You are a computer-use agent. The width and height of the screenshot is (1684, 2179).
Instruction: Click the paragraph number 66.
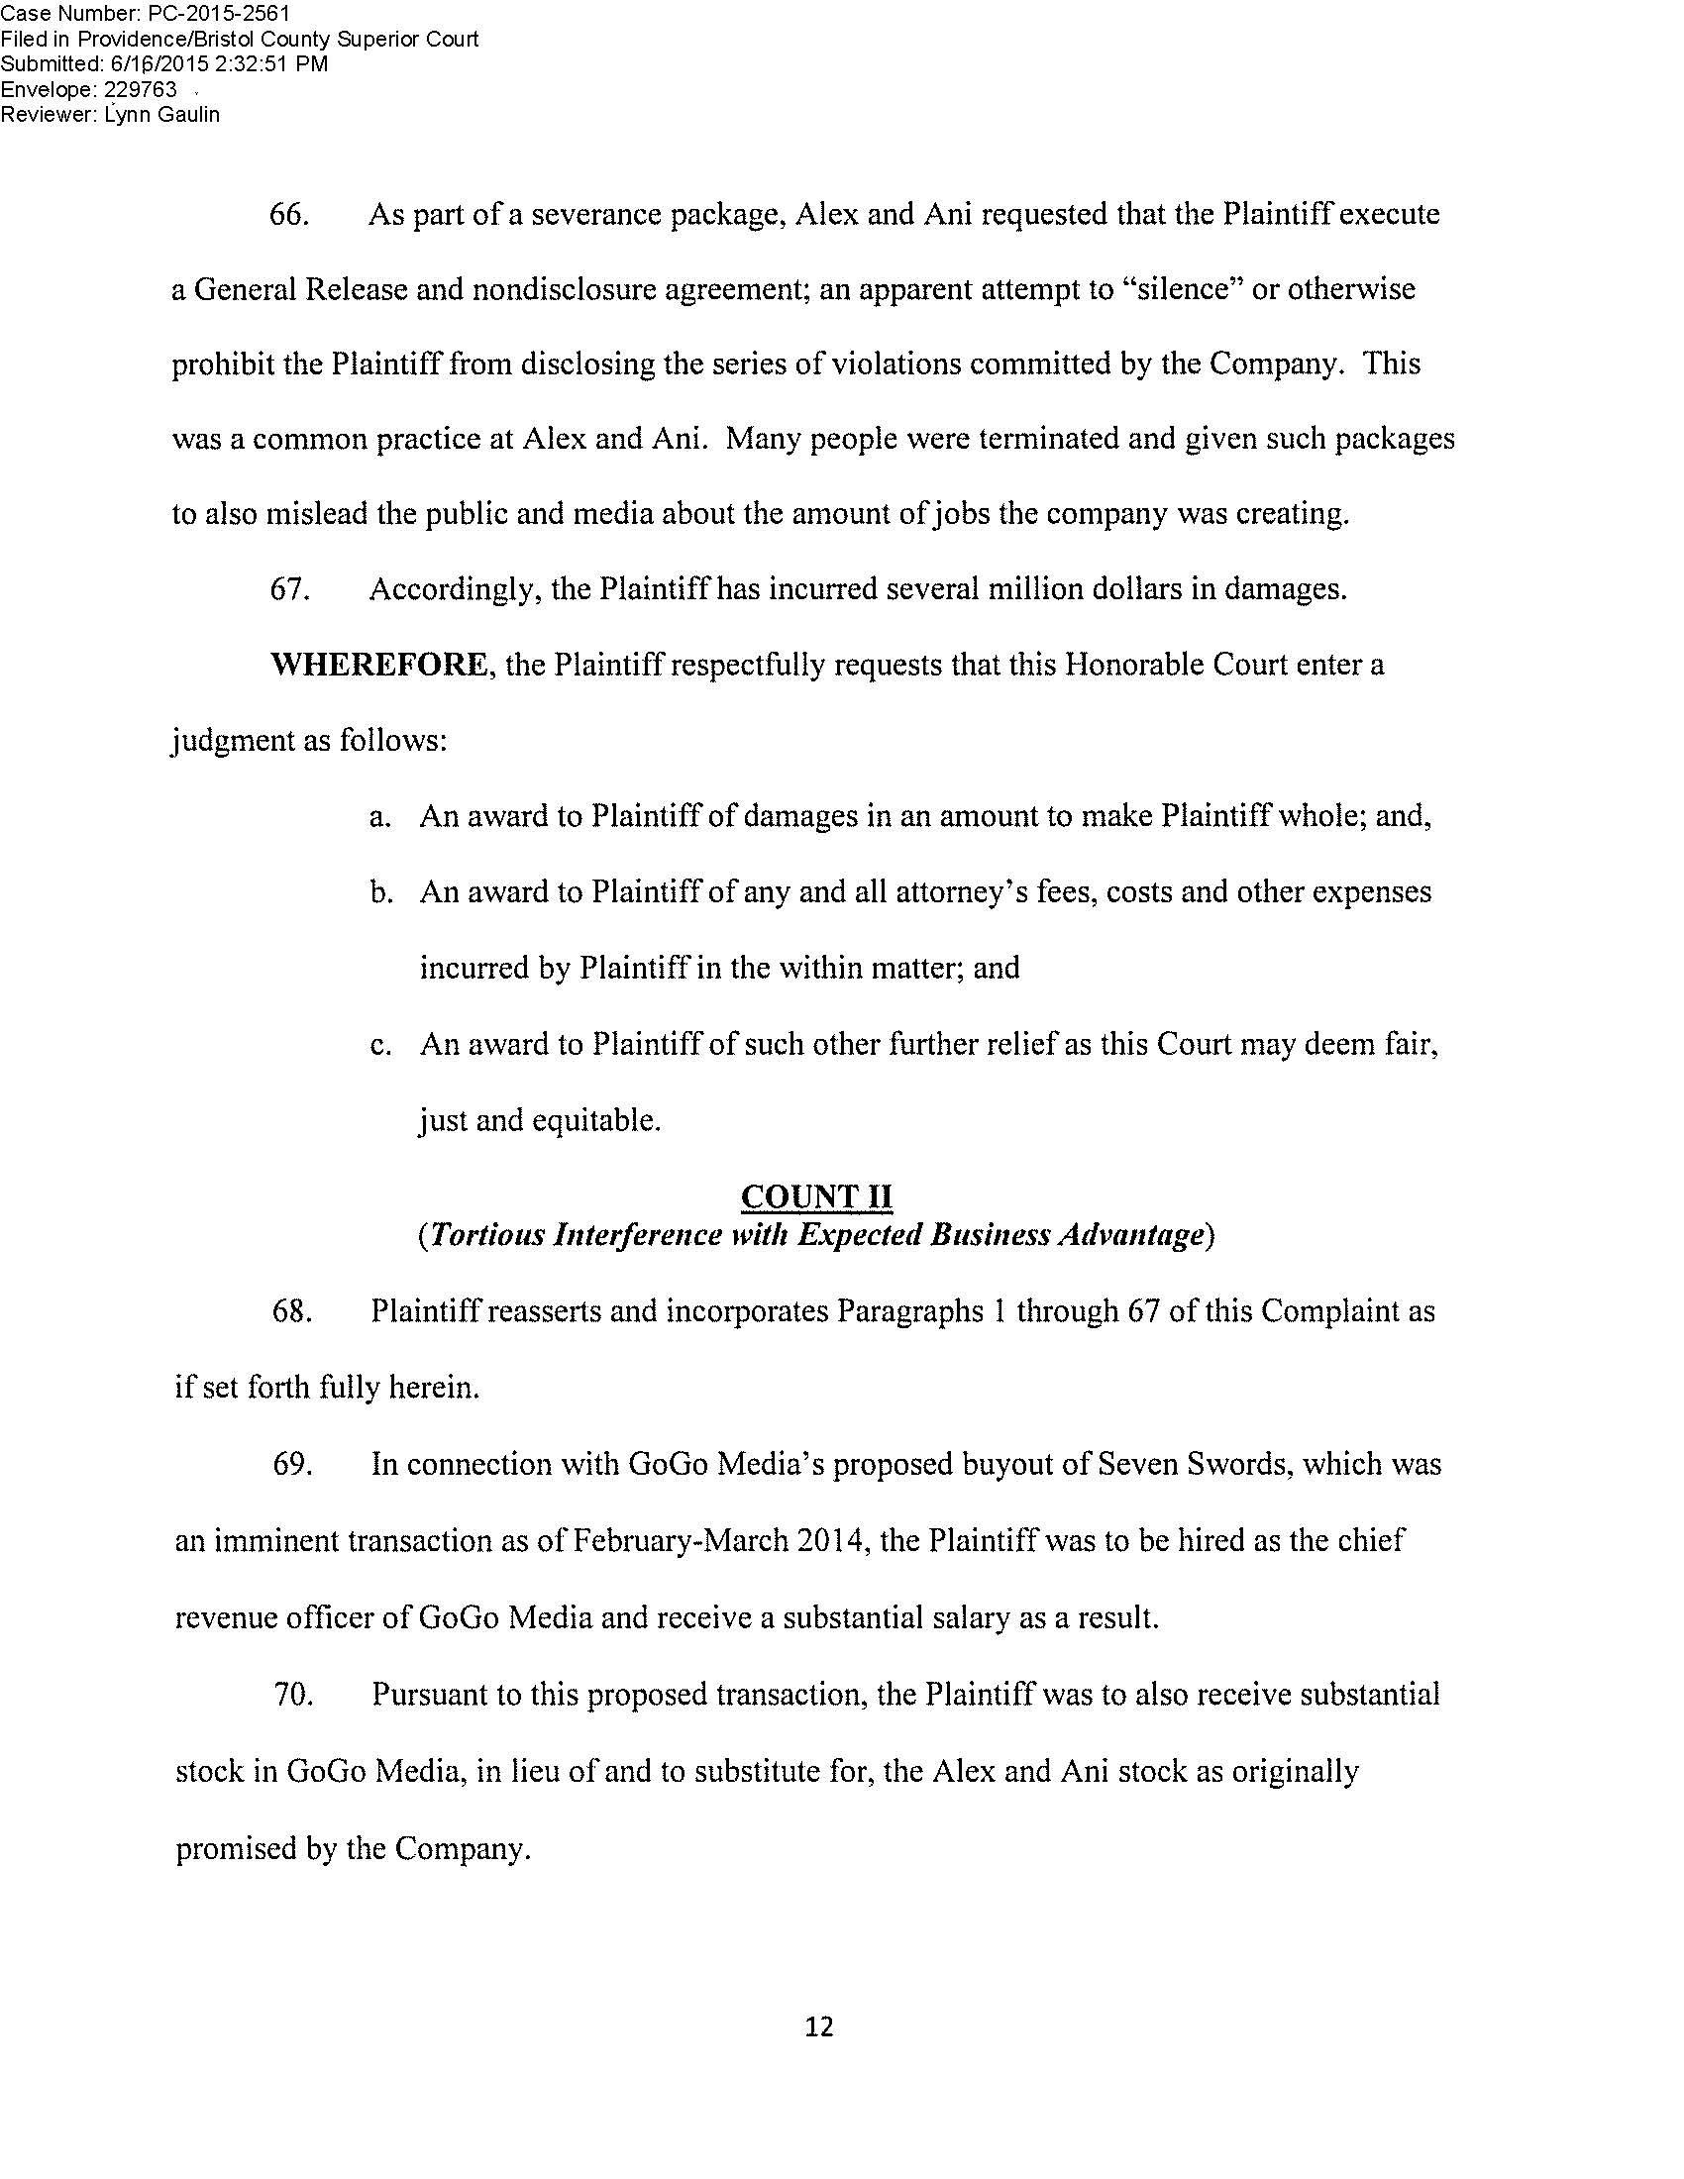coord(289,215)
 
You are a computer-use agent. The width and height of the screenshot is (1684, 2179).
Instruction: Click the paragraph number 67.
coord(289,589)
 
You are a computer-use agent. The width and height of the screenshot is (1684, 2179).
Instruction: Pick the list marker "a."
coord(378,817)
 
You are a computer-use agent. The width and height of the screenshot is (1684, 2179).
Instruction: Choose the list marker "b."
coord(378,892)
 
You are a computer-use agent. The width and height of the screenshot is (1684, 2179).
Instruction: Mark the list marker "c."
coord(378,1046)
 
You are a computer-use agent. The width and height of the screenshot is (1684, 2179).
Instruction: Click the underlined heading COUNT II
coord(817,1196)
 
